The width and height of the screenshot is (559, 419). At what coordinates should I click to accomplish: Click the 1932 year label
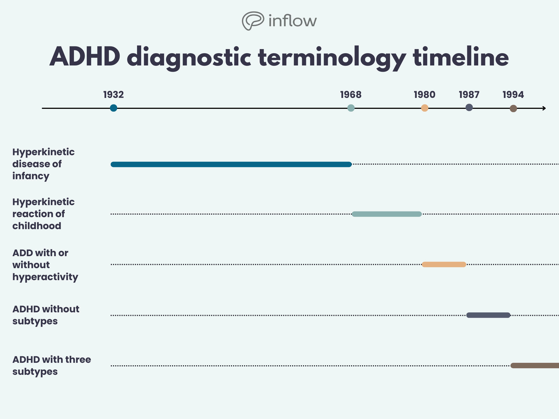pos(114,95)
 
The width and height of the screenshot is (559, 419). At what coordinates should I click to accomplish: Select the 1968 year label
pos(351,95)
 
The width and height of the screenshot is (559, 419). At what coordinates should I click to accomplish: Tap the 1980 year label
pos(424,95)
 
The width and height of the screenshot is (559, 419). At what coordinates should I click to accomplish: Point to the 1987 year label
pos(469,95)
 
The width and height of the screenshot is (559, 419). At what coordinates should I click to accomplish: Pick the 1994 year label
pos(513,95)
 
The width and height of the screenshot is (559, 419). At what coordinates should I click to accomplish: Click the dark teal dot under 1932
pos(114,108)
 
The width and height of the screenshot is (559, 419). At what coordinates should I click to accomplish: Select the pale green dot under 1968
pos(351,108)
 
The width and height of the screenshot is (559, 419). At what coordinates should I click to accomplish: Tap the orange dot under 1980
pos(424,108)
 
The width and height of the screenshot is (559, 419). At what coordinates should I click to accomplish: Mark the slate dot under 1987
pos(469,107)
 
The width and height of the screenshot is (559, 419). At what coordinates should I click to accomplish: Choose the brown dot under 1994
pos(513,109)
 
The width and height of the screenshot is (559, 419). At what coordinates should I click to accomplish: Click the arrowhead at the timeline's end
pos(544,108)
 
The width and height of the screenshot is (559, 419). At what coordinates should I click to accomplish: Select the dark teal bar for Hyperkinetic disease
pos(231,164)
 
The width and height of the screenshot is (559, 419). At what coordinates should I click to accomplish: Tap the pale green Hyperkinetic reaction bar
pos(386,214)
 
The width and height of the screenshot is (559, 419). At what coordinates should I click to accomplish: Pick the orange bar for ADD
pos(444,264)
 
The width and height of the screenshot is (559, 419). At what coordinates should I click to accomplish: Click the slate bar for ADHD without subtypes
pos(488,315)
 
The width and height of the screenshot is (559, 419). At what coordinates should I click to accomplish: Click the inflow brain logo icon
pos(253,21)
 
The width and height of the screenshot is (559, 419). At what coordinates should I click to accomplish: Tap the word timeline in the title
pos(461,57)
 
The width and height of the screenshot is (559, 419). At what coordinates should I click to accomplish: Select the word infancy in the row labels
pos(31,176)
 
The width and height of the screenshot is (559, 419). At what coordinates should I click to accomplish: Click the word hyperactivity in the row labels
pos(45,277)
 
